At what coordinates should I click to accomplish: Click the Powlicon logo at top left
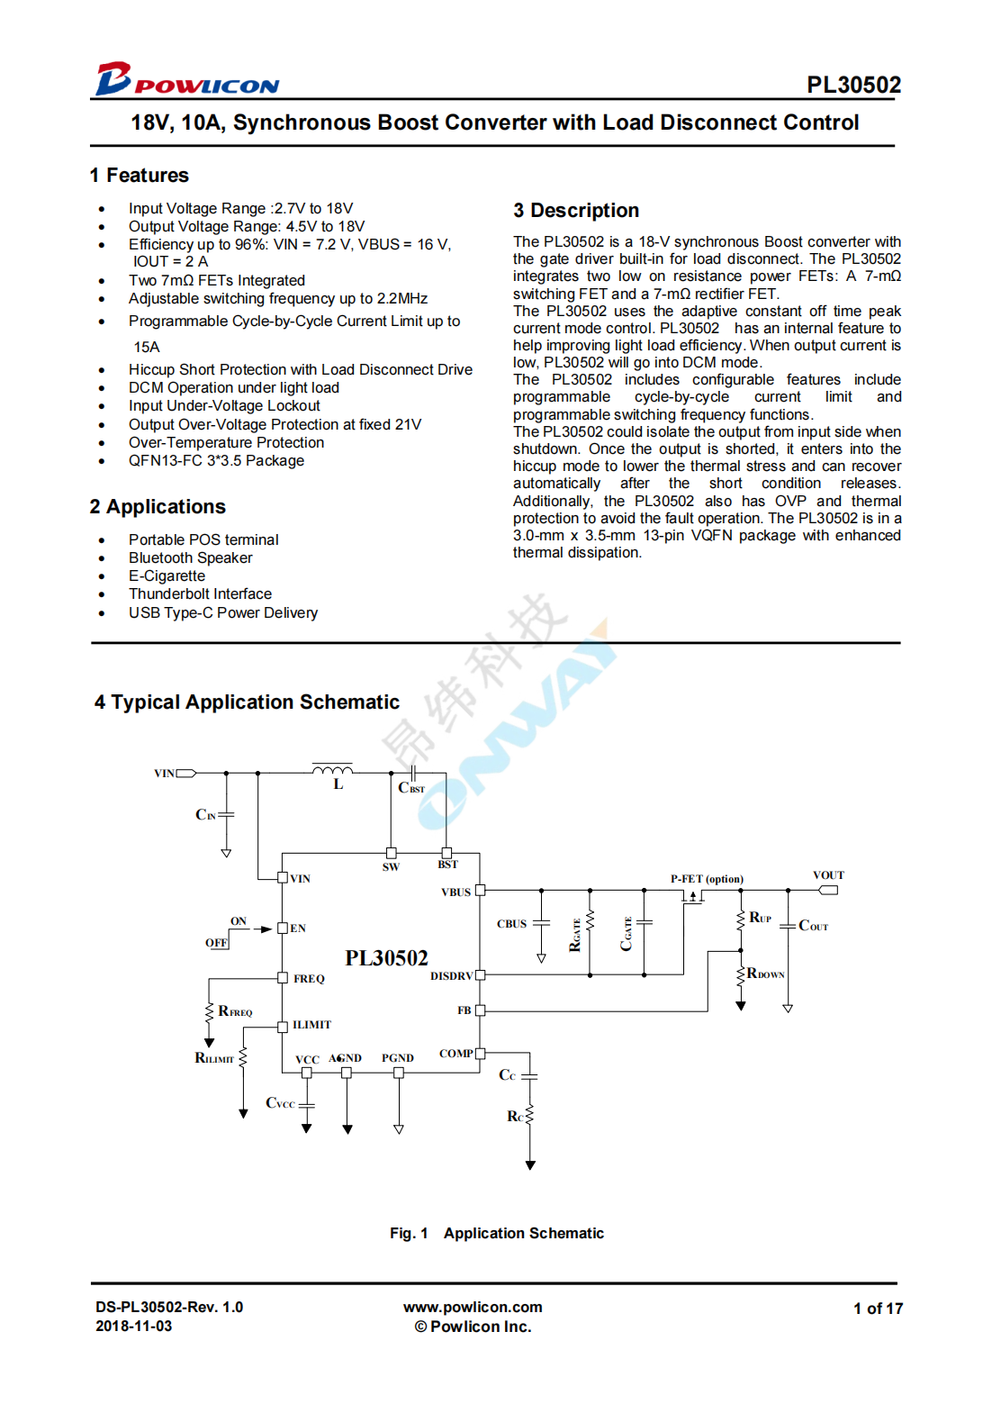click(x=187, y=79)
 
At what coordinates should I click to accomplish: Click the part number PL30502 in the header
click(x=853, y=85)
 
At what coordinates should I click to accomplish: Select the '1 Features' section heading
click(x=140, y=176)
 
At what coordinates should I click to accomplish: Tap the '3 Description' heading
click(x=576, y=211)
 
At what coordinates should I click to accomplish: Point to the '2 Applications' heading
click(x=158, y=507)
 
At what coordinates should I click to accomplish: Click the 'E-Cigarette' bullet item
click(x=167, y=576)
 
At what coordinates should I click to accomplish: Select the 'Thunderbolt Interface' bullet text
click(x=200, y=594)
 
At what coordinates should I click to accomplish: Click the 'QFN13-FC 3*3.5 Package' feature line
click(x=216, y=461)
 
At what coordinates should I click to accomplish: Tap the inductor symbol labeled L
click(x=332, y=771)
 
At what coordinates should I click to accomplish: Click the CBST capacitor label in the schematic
click(x=411, y=788)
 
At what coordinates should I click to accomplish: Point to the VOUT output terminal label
click(x=828, y=875)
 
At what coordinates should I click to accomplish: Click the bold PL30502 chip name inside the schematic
click(x=386, y=958)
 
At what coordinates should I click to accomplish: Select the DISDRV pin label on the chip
click(x=451, y=976)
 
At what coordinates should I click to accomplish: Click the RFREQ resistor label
click(x=235, y=1011)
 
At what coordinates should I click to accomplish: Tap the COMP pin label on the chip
click(x=455, y=1054)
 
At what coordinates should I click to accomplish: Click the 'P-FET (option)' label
click(x=707, y=879)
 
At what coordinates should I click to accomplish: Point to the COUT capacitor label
click(x=813, y=926)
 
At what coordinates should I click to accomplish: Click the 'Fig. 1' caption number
click(x=409, y=1234)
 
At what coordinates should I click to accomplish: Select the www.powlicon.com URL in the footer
click(x=473, y=1308)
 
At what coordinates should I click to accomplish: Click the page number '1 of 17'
click(x=878, y=1309)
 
